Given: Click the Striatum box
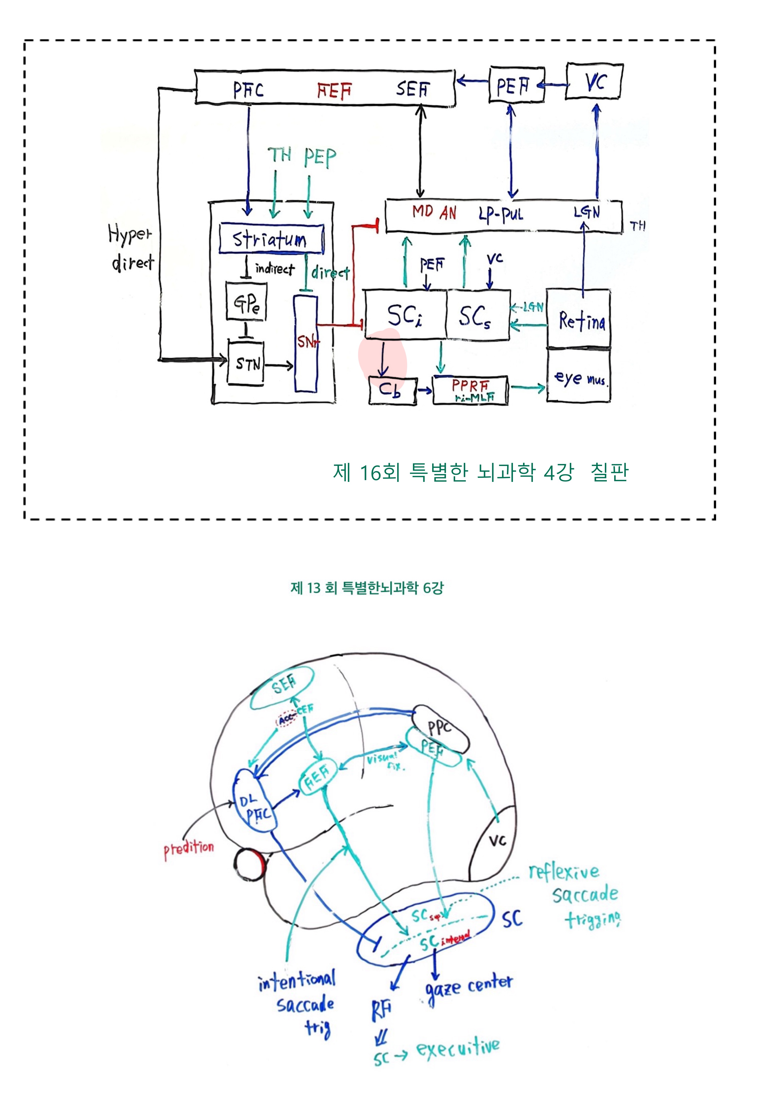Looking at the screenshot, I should point(271,239).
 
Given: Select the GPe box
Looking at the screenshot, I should point(246,302).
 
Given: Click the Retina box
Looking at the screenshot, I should point(579,319).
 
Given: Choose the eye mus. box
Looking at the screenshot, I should point(579,376).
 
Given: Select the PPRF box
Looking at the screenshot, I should point(470,390).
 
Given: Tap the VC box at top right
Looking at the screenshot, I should point(594,81).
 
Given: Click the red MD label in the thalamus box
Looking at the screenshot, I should point(423,211).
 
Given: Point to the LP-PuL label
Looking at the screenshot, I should point(500,213).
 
